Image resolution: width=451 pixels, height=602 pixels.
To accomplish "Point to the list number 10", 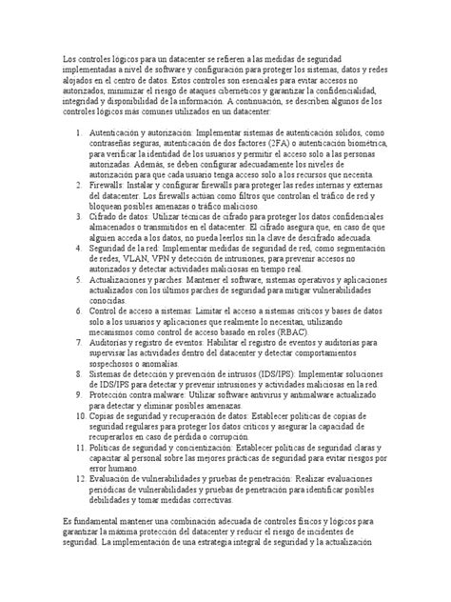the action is pos(78,416).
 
